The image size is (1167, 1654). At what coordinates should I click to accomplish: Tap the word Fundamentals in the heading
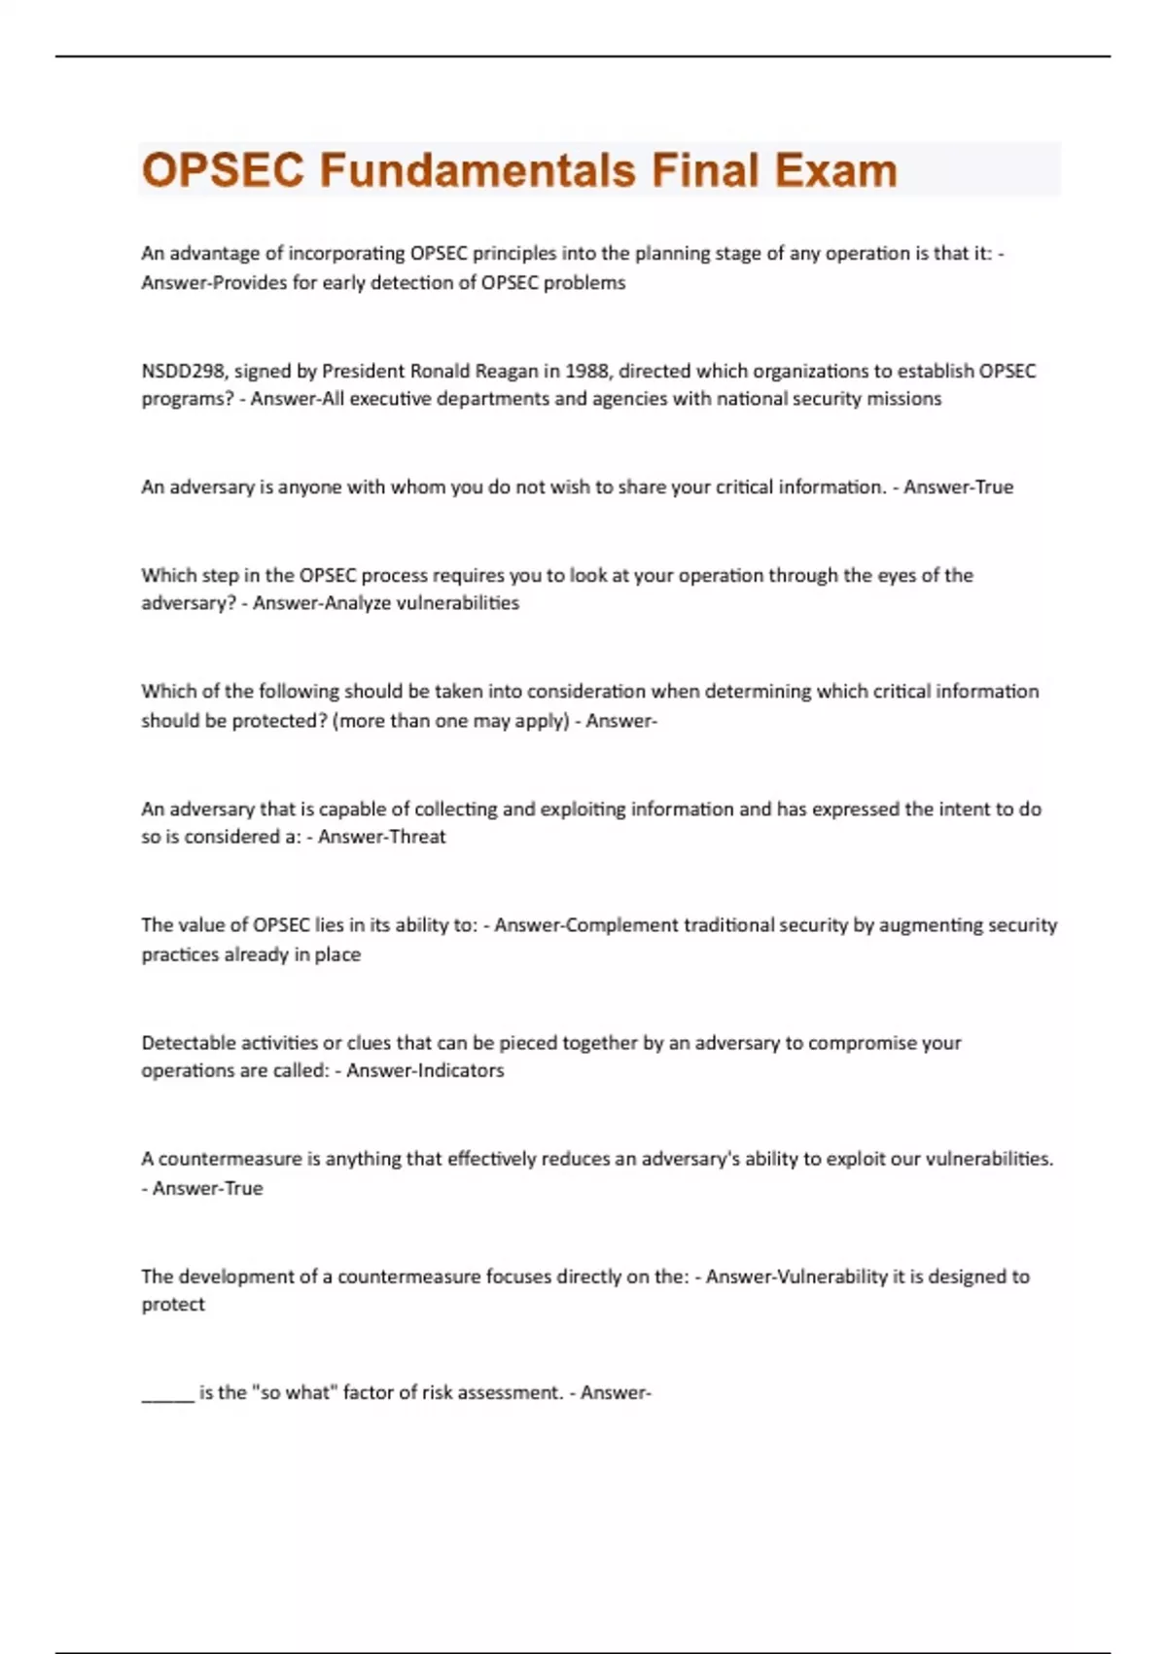477,170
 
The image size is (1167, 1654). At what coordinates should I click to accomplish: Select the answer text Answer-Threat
381,837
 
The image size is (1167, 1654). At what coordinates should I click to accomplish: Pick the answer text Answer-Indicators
425,1070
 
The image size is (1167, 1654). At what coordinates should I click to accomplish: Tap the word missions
903,399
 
